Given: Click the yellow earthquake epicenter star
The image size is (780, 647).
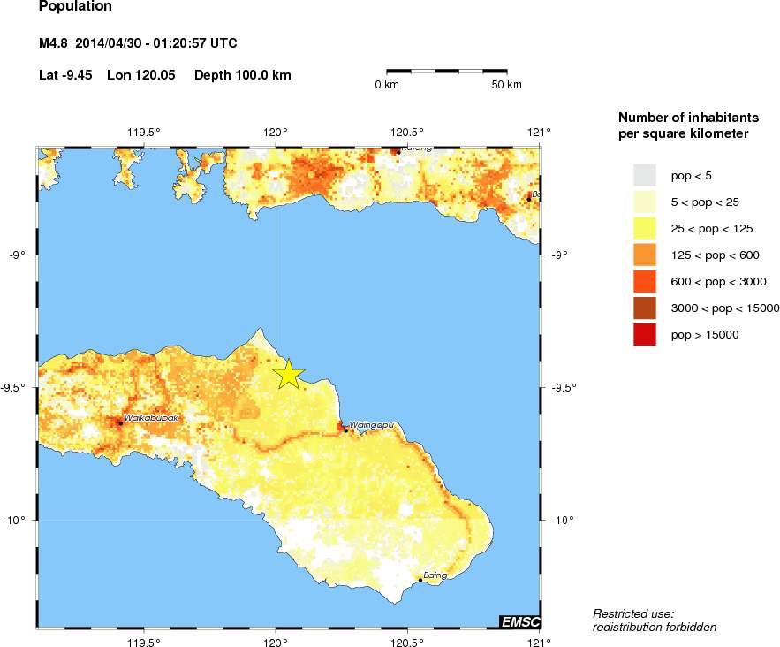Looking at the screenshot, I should (x=288, y=375).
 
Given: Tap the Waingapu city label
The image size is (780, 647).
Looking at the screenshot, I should (x=370, y=425).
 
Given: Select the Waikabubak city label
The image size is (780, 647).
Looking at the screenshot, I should (x=151, y=417).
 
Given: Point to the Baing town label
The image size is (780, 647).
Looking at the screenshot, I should (x=435, y=575).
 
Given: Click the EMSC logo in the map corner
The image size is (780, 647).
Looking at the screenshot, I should (x=519, y=622).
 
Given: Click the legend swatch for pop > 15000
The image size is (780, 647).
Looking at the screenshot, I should (x=645, y=334).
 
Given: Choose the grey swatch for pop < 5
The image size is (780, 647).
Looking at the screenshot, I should (x=645, y=175).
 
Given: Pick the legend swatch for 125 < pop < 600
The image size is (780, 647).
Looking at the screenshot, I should (x=645, y=255).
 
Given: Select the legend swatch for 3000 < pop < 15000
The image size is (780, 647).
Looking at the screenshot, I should (x=645, y=308).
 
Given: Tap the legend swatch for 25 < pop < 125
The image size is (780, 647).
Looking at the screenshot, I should (x=645, y=228).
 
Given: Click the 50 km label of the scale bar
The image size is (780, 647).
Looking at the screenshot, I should (x=506, y=85).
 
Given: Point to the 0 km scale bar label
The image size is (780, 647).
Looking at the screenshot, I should (x=387, y=85).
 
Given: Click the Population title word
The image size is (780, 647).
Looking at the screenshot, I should (x=75, y=7).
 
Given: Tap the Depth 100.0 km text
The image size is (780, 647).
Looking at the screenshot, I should (x=243, y=75).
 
